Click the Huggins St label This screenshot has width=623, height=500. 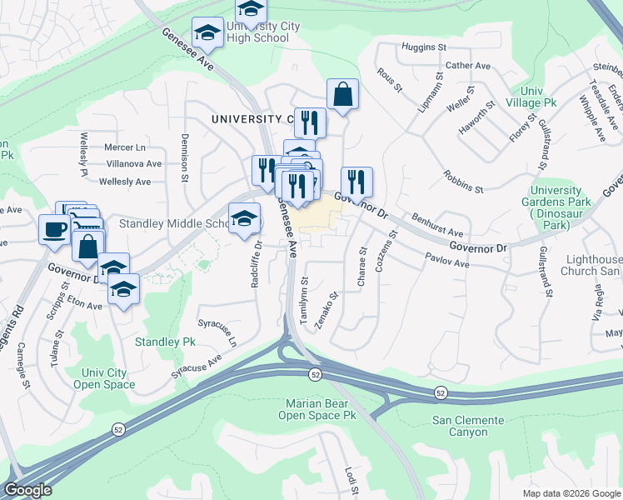coord(425,47)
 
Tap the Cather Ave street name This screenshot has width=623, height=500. coord(469,66)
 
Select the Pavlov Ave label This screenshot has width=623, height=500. coord(448,261)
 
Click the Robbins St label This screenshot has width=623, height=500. coord(464,186)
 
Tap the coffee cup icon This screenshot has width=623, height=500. coord(55,228)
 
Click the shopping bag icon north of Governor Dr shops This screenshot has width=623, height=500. coord(342,94)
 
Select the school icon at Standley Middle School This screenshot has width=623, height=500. coord(244,218)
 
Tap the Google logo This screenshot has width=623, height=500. coord(28,490)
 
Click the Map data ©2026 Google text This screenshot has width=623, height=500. coord(571,493)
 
